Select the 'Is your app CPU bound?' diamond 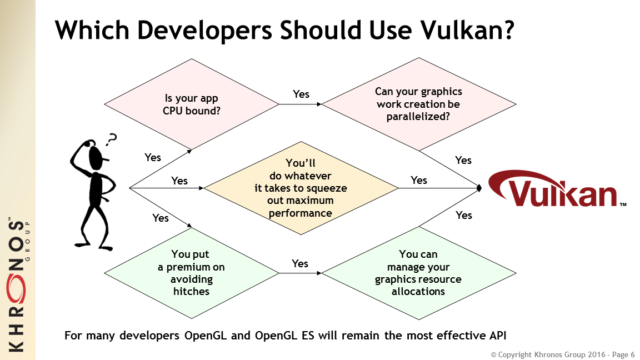point(192,104)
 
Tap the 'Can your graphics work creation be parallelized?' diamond point(419,104)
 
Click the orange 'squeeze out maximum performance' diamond point(301,188)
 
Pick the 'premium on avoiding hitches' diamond point(192,273)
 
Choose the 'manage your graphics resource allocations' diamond point(419,273)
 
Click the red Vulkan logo point(557,189)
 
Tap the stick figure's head point(96,158)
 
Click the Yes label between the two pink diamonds point(301,94)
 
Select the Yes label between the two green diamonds point(300,264)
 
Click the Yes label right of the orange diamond point(419,181)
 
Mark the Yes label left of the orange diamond point(179,181)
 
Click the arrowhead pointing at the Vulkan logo point(479,188)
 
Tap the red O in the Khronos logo point(16,289)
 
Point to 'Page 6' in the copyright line point(623,354)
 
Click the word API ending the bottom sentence point(498,336)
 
